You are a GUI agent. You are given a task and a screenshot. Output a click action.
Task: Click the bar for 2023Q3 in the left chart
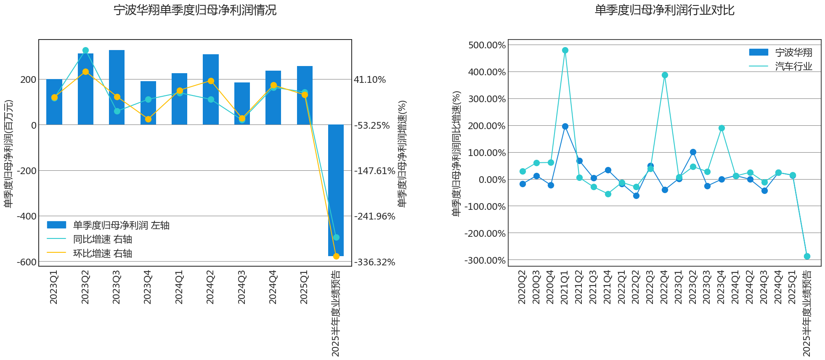pyautogui.click(x=117, y=87)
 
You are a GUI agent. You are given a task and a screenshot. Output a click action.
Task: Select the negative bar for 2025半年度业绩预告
pyautogui.click(x=336, y=190)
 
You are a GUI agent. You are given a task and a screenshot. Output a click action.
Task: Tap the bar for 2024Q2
pyautogui.click(x=210, y=90)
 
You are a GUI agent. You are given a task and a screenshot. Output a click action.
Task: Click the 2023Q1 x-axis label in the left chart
pyautogui.click(x=54, y=287)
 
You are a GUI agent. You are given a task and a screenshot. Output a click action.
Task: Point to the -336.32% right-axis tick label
pyautogui.click(x=374, y=262)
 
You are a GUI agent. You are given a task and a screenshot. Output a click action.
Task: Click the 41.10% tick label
pyautogui.click(x=370, y=79)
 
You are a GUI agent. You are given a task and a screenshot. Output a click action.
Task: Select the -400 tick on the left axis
pyautogui.click(x=27, y=216)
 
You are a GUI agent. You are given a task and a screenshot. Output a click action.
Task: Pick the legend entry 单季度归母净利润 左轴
pyautogui.click(x=108, y=225)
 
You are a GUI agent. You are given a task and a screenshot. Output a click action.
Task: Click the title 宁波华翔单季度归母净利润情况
pyautogui.click(x=195, y=10)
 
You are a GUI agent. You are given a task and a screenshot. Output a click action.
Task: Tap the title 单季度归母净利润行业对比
pyautogui.click(x=664, y=10)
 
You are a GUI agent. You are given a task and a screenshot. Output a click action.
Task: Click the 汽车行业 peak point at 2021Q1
pyautogui.click(x=565, y=50)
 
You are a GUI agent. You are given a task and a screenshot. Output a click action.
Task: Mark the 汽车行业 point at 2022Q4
pyautogui.click(x=665, y=75)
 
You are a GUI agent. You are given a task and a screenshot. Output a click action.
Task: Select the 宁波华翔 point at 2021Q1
pyautogui.click(x=565, y=126)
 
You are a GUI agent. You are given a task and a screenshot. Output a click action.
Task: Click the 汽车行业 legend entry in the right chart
pyautogui.click(x=780, y=66)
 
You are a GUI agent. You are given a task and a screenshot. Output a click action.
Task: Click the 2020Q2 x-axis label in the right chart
pyautogui.click(x=522, y=287)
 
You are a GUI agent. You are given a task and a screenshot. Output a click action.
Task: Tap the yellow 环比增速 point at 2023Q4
pyautogui.click(x=148, y=119)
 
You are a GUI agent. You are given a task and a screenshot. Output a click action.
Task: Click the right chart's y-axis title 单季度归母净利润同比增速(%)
pyautogui.click(x=456, y=154)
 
